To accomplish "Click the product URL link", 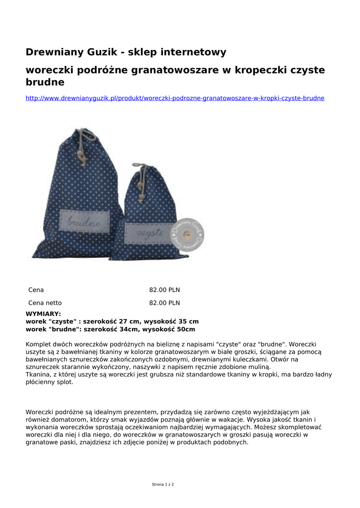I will pyautogui.click(x=175, y=98).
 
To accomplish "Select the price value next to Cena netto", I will pyautogui.click(x=164, y=303).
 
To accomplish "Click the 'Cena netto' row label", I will pyautogui.click(x=45, y=303).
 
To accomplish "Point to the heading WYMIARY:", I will pyautogui.click(x=43, y=314).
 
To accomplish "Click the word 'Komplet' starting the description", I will pyautogui.click(x=39, y=344).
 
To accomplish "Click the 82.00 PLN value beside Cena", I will pyautogui.click(x=164, y=290).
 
